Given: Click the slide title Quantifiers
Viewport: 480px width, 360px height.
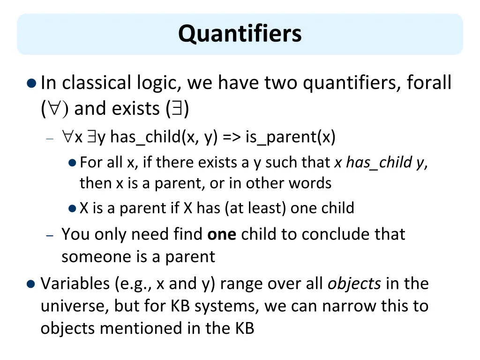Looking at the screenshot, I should pyautogui.click(x=240, y=34).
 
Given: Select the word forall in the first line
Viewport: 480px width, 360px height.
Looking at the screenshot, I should pyautogui.click(x=429, y=83).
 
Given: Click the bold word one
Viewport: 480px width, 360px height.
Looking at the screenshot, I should pyautogui.click(x=221, y=234).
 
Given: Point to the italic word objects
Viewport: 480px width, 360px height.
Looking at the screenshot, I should pyautogui.click(x=354, y=284).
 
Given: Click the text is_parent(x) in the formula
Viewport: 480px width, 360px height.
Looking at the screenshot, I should pyautogui.click(x=290, y=137).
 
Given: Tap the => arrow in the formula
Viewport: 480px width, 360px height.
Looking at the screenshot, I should pyautogui.click(x=230, y=137).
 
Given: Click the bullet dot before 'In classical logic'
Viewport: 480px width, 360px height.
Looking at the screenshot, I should pyautogui.click(x=31, y=84).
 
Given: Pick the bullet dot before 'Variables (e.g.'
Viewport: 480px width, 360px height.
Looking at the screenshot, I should pyautogui.click(x=31, y=284).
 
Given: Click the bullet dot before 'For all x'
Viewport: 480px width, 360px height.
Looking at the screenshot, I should pyautogui.click(x=72, y=163).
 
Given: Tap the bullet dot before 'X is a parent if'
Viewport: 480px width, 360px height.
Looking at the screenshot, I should pyautogui.click(x=72, y=208).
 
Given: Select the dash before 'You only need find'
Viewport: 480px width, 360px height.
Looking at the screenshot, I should pyautogui.click(x=51, y=235).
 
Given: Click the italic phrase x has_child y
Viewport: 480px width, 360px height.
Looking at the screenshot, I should pyautogui.click(x=379, y=163).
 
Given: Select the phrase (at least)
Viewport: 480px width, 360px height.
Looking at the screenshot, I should pyautogui.click(x=255, y=208).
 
